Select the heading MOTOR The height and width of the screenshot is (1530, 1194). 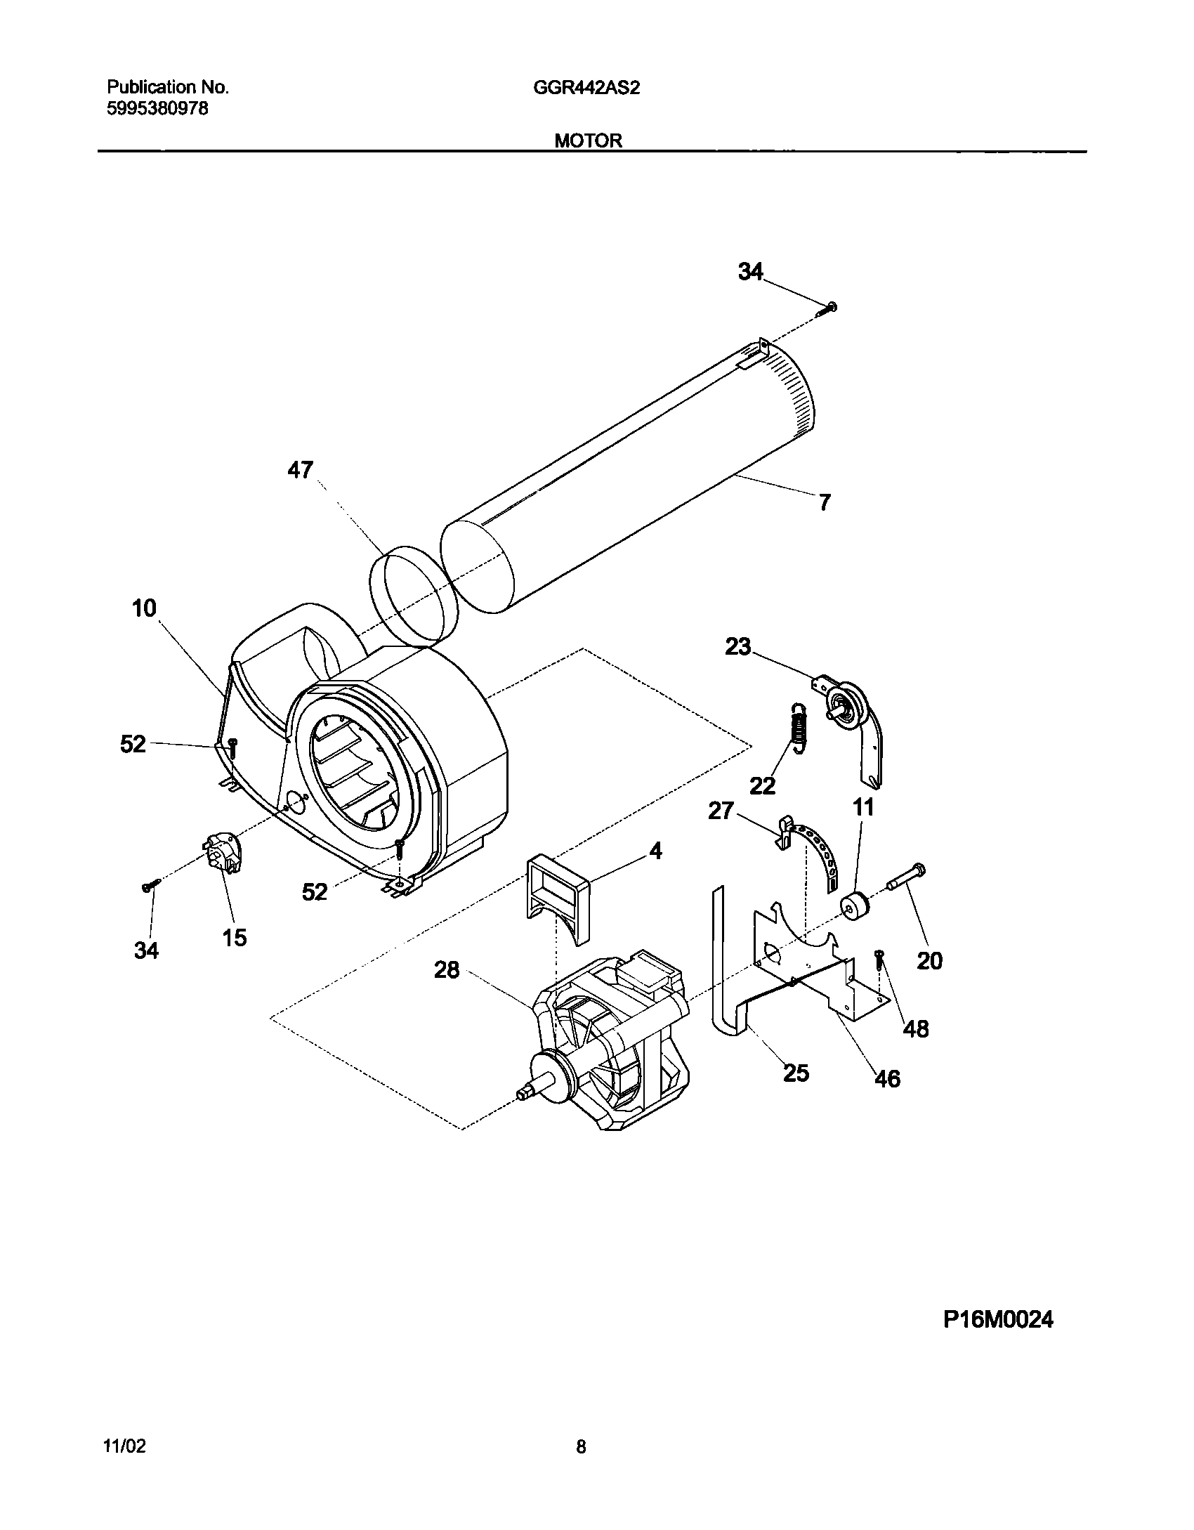588,140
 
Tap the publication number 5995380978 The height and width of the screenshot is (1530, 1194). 157,109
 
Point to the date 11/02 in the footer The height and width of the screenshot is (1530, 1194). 124,1446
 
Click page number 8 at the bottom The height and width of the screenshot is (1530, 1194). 581,1446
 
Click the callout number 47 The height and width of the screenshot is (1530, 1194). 300,470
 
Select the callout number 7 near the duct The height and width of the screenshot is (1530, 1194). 824,502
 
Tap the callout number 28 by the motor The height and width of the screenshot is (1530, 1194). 447,970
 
